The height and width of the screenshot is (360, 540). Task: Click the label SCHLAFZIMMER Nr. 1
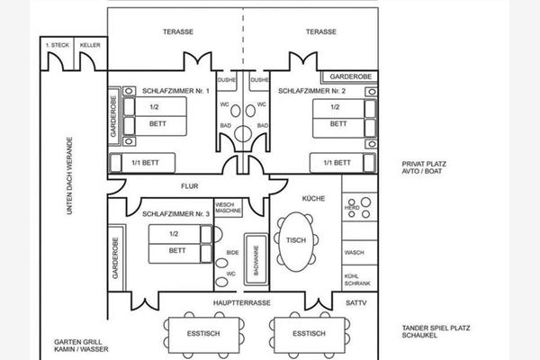point(175,91)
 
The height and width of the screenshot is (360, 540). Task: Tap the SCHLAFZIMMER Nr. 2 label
point(311,91)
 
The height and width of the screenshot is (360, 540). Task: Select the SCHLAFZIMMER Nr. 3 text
point(175,213)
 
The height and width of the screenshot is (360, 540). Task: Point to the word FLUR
point(188,188)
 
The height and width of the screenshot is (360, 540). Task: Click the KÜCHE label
point(314,198)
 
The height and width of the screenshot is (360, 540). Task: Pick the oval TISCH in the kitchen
point(295,241)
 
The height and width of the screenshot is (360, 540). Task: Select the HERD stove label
point(353,208)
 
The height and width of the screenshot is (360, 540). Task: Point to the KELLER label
point(89,45)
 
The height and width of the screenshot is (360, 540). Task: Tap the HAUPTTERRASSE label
point(241,303)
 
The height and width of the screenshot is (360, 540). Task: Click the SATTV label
point(357,303)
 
